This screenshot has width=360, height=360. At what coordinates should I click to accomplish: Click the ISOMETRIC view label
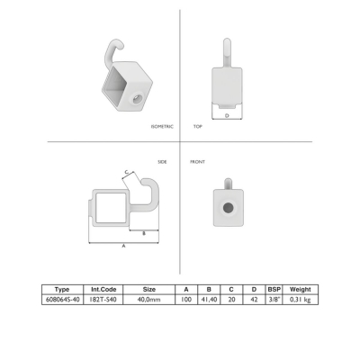pos(162,127)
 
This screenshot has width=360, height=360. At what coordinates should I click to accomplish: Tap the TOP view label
pos(198,127)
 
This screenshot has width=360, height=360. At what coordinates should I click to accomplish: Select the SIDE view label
pos(162,162)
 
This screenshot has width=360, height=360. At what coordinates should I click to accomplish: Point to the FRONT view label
pos(197,162)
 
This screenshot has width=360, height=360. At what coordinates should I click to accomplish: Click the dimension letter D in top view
pos(227,115)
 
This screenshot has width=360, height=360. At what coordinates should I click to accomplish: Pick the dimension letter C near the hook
pos(127,172)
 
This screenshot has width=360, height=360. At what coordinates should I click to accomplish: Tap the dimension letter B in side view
pos(144,233)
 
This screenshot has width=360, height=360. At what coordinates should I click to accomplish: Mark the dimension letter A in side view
pos(123,246)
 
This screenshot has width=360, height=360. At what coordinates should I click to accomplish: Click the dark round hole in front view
pos(229,207)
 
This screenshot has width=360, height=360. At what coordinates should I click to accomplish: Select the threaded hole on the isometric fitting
pos(137,99)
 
